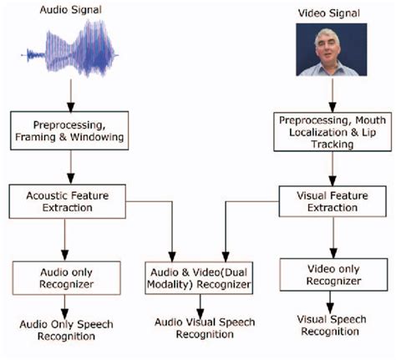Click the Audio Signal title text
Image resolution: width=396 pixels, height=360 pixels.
tap(68, 10)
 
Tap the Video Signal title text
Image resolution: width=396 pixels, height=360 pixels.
tap(328, 14)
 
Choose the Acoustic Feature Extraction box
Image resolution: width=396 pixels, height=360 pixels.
tap(67, 201)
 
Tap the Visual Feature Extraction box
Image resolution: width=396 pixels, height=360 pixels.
tap(331, 201)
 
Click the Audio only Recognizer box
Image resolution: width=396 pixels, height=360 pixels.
tap(66, 276)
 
